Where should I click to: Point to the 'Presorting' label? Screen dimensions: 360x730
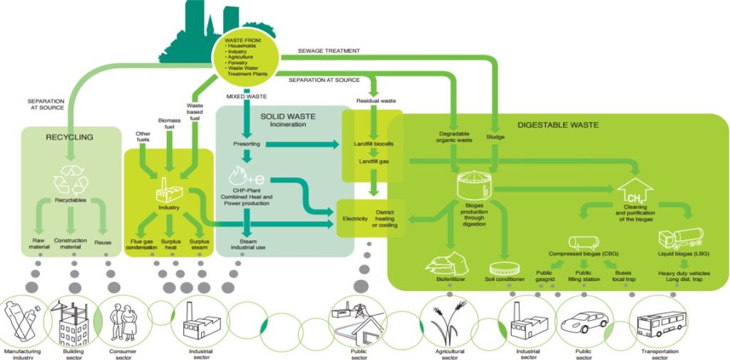[x=246, y=145]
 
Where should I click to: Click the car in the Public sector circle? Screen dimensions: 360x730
[x=582, y=324]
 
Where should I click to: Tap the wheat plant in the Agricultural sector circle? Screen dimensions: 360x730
[x=449, y=322]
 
